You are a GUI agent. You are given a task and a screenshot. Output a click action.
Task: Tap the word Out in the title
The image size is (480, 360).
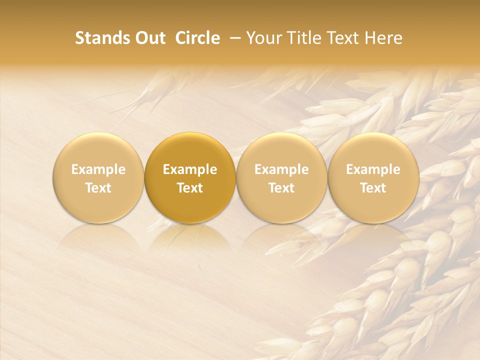pyautogui.click(x=149, y=38)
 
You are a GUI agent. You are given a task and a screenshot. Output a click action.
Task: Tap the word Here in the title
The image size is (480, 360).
pyautogui.click(x=383, y=38)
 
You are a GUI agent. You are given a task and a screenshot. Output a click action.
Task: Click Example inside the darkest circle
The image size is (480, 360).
pyautogui.click(x=190, y=169)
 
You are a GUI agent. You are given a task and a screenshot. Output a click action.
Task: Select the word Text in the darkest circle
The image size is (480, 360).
pyautogui.click(x=190, y=188)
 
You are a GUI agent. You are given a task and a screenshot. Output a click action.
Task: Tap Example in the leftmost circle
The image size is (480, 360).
pyautogui.click(x=98, y=169)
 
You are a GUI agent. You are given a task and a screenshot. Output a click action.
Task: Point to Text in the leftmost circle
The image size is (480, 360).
pyautogui.click(x=98, y=188)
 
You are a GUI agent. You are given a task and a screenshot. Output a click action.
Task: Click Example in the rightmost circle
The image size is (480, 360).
pyautogui.click(x=373, y=169)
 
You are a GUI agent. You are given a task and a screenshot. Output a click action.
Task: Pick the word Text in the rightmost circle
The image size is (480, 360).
pyautogui.click(x=373, y=188)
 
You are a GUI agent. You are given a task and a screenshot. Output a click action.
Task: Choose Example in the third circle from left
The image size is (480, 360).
pyautogui.click(x=282, y=169)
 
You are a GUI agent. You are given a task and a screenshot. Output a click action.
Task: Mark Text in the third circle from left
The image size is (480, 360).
pyautogui.click(x=282, y=188)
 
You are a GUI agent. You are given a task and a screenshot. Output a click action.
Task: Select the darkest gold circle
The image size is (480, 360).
pyautogui.click(x=190, y=150)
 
